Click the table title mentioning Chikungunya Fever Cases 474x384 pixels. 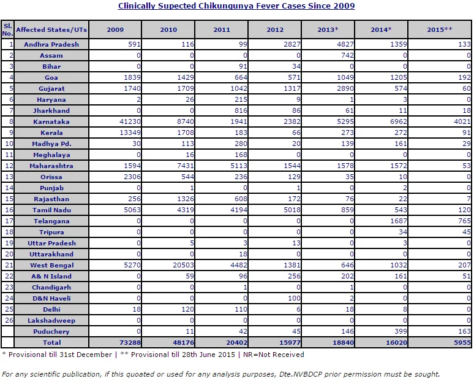click(236, 6)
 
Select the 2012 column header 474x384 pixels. click(275, 29)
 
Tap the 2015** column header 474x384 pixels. click(440, 29)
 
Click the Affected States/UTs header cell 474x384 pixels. click(51, 29)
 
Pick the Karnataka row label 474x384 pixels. click(51, 121)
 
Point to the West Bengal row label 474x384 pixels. click(51, 265)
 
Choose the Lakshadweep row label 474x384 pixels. click(51, 320)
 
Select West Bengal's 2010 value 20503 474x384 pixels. click(183, 265)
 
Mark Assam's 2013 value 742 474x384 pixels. click(347, 55)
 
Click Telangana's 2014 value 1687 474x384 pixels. click(399, 221)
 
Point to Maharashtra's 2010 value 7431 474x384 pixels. click(186, 166)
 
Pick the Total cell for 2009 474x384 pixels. click(130, 342)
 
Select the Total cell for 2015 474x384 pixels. click(462, 342)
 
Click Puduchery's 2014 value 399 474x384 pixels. click(401, 331)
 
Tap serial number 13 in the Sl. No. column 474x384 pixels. click(9, 177)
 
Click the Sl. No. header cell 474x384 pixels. click(7, 29)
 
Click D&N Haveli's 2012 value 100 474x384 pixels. click(294, 298)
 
